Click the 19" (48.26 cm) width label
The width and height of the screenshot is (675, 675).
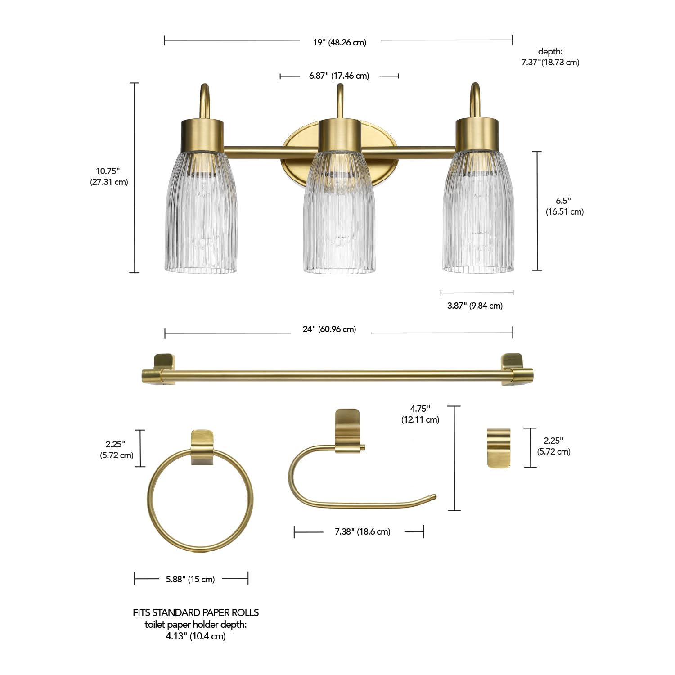340,42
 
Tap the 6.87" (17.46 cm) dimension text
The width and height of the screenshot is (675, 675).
339,76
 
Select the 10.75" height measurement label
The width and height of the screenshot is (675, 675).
108,176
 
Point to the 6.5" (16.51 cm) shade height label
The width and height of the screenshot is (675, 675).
564,206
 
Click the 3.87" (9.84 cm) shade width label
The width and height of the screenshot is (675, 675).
475,306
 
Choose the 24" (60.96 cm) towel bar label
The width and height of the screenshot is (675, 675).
329,329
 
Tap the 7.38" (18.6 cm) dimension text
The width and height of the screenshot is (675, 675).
362,531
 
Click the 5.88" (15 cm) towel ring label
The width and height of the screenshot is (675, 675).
190,579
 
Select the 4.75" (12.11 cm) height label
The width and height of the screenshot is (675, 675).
420,414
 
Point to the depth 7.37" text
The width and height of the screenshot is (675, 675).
550,57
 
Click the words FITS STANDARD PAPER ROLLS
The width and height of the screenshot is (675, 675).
196,612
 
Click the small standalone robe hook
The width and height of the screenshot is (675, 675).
499,448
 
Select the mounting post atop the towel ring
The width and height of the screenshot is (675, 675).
202,447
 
